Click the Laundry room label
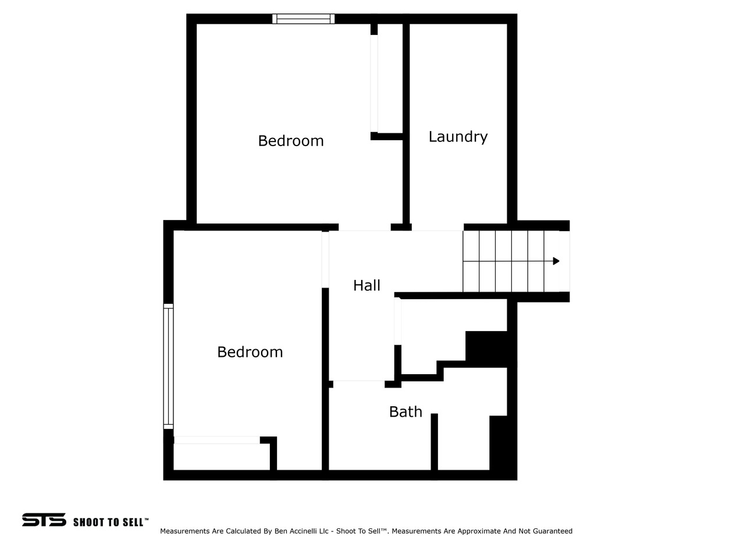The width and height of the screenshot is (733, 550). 458,137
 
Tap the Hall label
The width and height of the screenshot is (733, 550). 366,286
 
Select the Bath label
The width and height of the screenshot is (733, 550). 405,411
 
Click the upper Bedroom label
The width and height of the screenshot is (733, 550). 291,141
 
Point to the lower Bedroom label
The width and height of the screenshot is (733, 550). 250,352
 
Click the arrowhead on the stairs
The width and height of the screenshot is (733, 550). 556,261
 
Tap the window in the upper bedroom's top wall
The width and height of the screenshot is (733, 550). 303,19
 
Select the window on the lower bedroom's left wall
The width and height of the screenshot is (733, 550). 168,366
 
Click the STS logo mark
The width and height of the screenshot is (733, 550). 44,520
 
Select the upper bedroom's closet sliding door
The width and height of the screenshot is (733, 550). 374,83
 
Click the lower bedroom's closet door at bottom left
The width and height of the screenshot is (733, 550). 217,440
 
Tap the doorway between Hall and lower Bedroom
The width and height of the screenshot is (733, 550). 325,260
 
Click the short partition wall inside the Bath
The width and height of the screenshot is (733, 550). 434,442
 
